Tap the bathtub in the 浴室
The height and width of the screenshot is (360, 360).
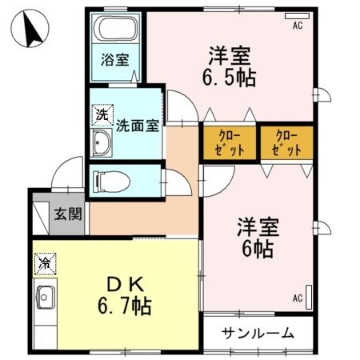point(116,30)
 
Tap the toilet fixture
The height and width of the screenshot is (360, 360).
point(110,182)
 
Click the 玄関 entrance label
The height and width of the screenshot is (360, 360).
point(66,214)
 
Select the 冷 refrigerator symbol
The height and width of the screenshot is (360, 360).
point(44,262)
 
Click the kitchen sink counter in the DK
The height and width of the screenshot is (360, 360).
point(45,304)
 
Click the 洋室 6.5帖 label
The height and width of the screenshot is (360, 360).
point(231,68)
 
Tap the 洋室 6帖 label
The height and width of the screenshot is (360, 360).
point(256,238)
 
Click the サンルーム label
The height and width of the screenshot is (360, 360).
point(258,333)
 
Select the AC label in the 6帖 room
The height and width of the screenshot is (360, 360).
point(298,298)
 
